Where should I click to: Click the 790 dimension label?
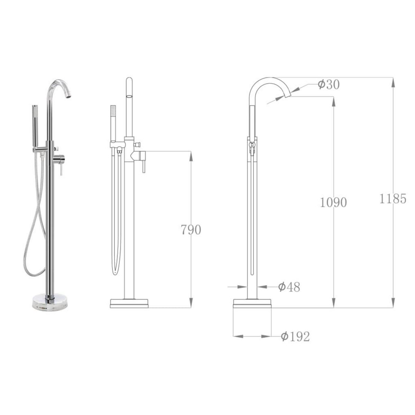pos(191,230)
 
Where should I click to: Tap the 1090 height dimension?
pos(333,202)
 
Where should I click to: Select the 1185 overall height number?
pos(393,199)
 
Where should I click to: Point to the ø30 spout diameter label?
pos(329,84)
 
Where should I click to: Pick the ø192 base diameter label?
pos(295,336)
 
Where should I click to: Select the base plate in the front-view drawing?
pos(129,303)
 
